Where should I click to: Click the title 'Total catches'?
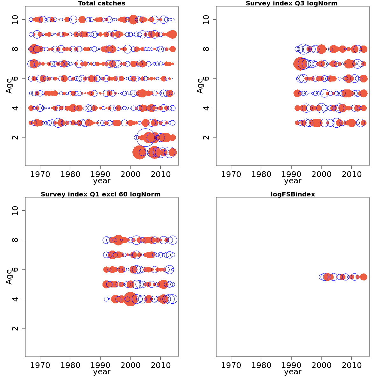(102, 4)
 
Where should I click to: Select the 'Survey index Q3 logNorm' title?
(292, 4)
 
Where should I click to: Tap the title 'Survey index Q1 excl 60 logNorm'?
(101, 194)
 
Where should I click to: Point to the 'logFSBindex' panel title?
(293, 194)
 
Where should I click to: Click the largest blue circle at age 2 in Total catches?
(145, 138)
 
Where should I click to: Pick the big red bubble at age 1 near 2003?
(139, 152)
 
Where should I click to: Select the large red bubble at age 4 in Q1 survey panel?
(130, 299)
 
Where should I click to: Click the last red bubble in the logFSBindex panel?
(364, 277)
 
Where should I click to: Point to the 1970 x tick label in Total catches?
(40, 174)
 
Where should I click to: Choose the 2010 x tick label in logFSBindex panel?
(351, 365)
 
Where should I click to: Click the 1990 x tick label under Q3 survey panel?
(291, 174)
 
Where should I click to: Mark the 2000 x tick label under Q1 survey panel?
(131, 365)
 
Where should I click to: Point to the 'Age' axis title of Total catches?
(9, 86)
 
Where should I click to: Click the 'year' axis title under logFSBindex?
(293, 371)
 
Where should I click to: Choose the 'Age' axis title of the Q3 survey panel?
(200, 86)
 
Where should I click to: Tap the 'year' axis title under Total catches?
(102, 181)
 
